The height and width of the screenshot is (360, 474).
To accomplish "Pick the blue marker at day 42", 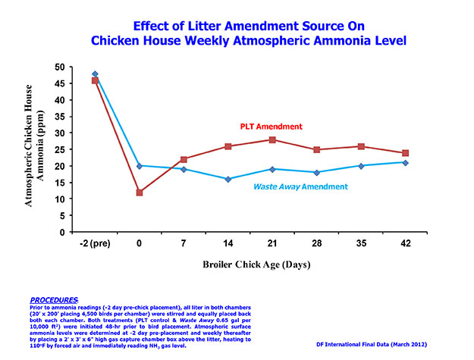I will [406, 162].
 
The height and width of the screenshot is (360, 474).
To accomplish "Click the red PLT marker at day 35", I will [362, 146].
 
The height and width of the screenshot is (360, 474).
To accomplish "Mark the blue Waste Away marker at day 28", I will [318, 172].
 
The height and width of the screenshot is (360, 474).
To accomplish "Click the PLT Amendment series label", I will [272, 126].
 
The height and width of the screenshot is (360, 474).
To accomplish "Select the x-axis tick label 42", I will [405, 244].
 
